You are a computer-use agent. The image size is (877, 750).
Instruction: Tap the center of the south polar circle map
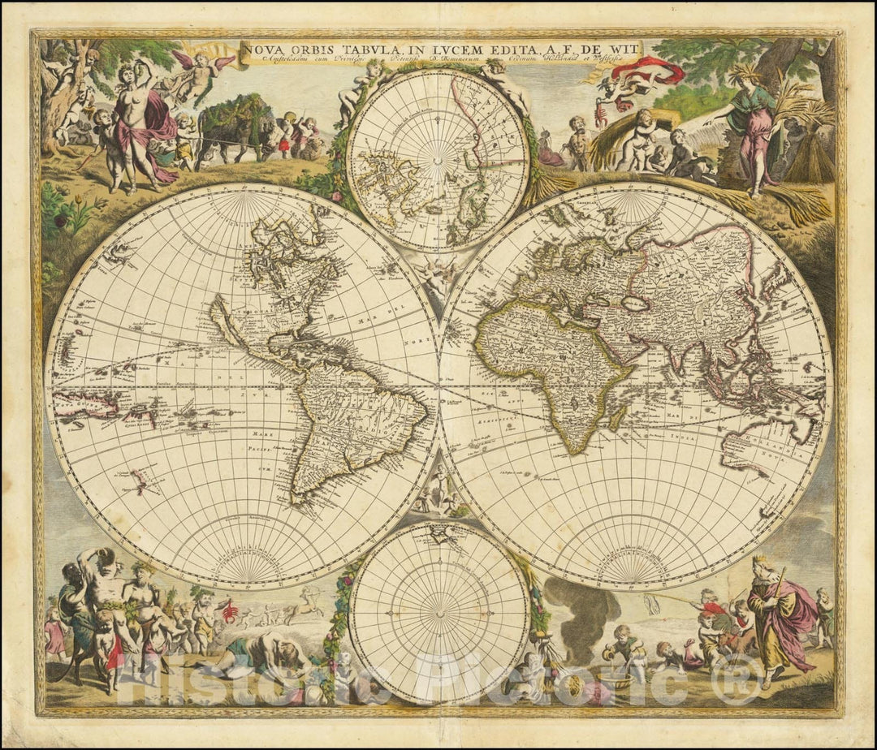(x=439, y=612)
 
